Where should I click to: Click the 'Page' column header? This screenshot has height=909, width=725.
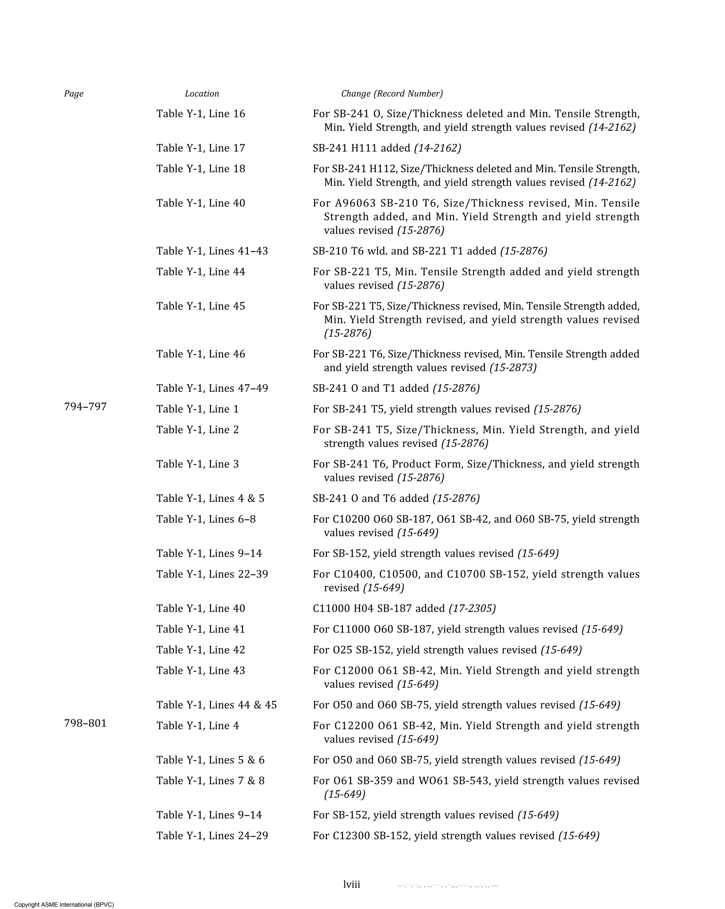[74, 94]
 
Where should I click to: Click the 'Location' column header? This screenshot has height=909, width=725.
[202, 94]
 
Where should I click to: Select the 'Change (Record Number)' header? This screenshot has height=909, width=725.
[392, 94]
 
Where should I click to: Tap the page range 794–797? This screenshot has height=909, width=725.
[85, 407]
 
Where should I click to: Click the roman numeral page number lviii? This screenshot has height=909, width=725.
[352, 885]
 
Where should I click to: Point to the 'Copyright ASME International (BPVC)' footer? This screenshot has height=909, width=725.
[64, 904]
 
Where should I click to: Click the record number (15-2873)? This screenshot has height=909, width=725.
[513, 367]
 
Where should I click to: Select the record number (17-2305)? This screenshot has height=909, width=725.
[472, 608]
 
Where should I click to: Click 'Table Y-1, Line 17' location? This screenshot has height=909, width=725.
[200, 148]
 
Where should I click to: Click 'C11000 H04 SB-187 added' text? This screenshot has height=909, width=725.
[378, 608]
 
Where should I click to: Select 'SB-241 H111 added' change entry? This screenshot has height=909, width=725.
[361, 148]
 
